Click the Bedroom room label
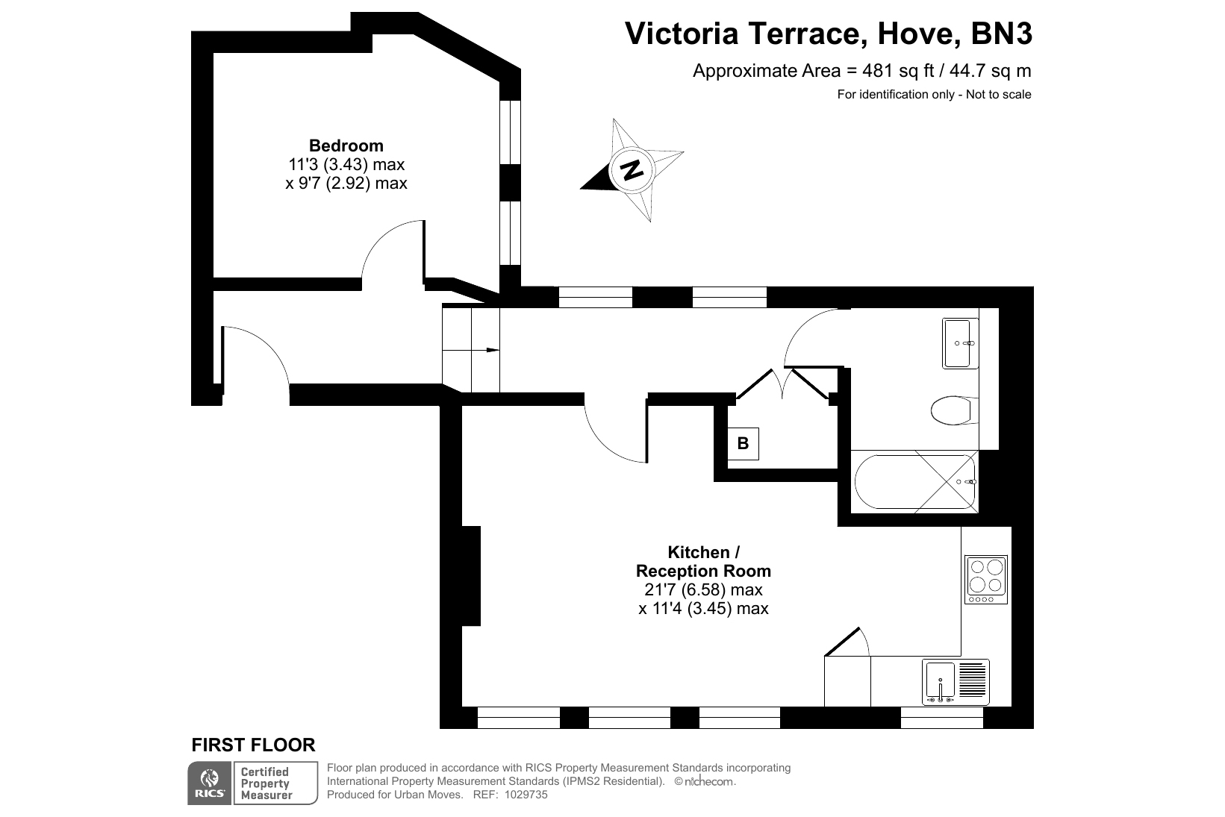point(346,145)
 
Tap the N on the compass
point(632,170)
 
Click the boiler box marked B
point(743,443)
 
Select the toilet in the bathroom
point(954,410)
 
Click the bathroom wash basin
point(960,343)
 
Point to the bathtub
point(915,482)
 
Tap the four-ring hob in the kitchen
point(986,580)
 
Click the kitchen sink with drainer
point(956,682)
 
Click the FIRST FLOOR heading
point(253,745)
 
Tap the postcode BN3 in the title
point(1001,34)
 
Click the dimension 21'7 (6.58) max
point(703,589)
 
